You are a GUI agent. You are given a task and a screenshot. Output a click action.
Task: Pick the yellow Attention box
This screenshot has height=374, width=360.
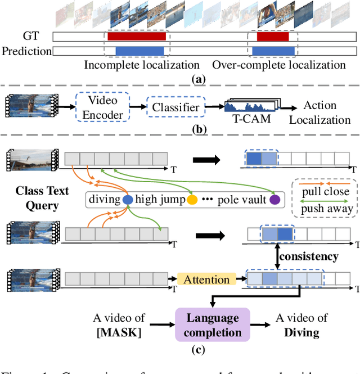tap(206, 279)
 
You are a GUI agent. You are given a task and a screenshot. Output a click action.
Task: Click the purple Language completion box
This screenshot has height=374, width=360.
tap(213, 325)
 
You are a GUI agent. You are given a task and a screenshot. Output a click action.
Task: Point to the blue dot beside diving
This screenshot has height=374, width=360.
tap(127, 199)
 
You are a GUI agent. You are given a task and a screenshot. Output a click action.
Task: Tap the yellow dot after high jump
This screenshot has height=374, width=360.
tap(193, 199)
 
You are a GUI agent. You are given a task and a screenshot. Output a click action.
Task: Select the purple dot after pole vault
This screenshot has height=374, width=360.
tap(274, 199)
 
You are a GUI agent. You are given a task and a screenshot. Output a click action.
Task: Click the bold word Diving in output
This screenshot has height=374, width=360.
tap(300, 332)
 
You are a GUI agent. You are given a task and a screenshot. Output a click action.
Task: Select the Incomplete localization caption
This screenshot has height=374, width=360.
tap(142, 65)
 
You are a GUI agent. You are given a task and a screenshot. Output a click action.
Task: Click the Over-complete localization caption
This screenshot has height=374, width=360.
tap(278, 65)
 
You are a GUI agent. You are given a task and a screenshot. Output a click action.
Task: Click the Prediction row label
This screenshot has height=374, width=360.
tap(26, 51)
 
